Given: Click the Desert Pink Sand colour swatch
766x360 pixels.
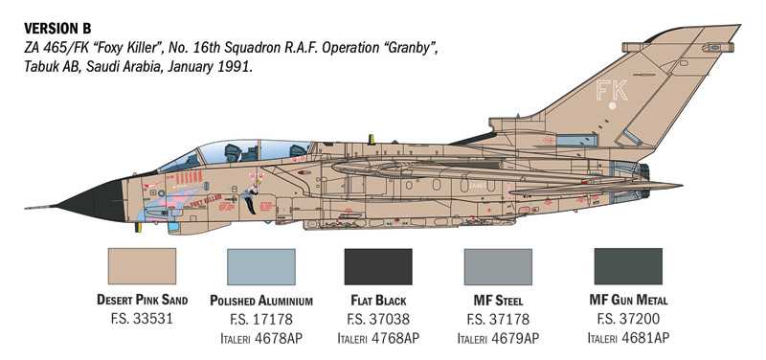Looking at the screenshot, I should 143,266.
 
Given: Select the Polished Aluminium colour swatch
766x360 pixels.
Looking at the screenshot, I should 259,266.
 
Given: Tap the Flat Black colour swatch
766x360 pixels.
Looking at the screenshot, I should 377,266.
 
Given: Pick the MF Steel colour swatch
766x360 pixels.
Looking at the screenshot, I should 497,266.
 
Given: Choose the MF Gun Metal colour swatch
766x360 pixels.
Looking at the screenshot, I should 627,266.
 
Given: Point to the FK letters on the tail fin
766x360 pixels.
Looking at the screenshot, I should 611,91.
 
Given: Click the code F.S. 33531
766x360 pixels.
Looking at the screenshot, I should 143,319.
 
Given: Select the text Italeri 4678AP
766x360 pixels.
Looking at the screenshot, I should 259,338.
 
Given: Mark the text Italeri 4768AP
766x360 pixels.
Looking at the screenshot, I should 377,338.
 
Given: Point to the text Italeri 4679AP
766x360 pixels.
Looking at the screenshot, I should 497,338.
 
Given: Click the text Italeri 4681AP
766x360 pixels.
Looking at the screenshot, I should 627,338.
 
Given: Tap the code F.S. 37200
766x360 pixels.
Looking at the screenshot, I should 627,319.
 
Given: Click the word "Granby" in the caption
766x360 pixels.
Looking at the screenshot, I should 413,48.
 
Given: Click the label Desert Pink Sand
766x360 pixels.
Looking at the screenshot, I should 143,300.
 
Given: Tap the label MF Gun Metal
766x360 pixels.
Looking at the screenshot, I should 627,300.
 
